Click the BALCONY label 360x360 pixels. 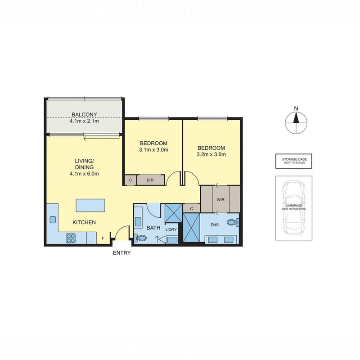tap(85, 114)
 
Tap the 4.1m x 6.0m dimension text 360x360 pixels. tap(84, 174)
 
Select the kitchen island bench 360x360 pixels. tap(91, 205)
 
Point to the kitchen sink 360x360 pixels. tap(52, 220)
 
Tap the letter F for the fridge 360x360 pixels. tap(103, 238)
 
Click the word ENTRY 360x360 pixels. tap(122, 253)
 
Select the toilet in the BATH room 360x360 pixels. tap(139, 238)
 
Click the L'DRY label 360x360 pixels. tap(171, 230)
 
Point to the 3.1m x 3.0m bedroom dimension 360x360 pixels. tap(153, 150)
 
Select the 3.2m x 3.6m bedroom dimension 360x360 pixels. tap(211, 154)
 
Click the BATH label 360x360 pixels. tap(153, 228)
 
